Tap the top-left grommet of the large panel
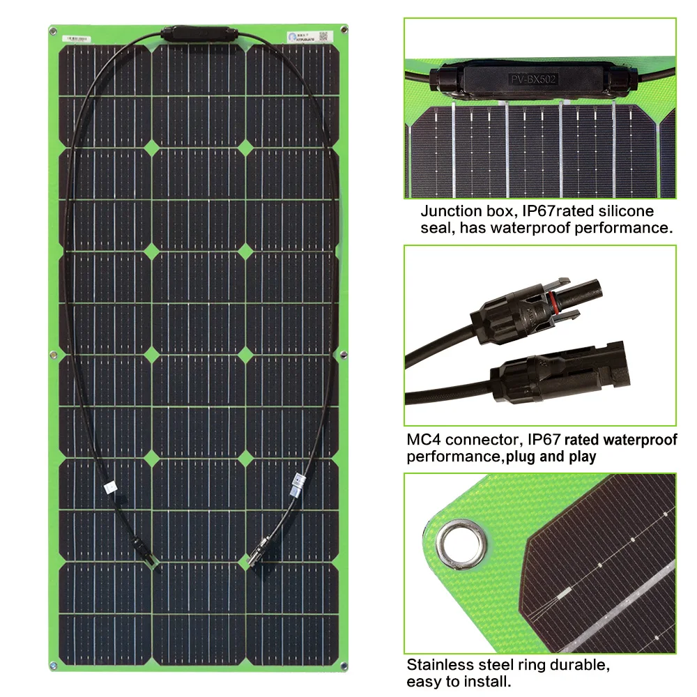click(53, 30)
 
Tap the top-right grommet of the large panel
click(345, 30)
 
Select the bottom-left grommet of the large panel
click(53, 667)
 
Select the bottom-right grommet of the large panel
click(345, 667)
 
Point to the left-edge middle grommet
click(53, 356)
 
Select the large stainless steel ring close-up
click(460, 537)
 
